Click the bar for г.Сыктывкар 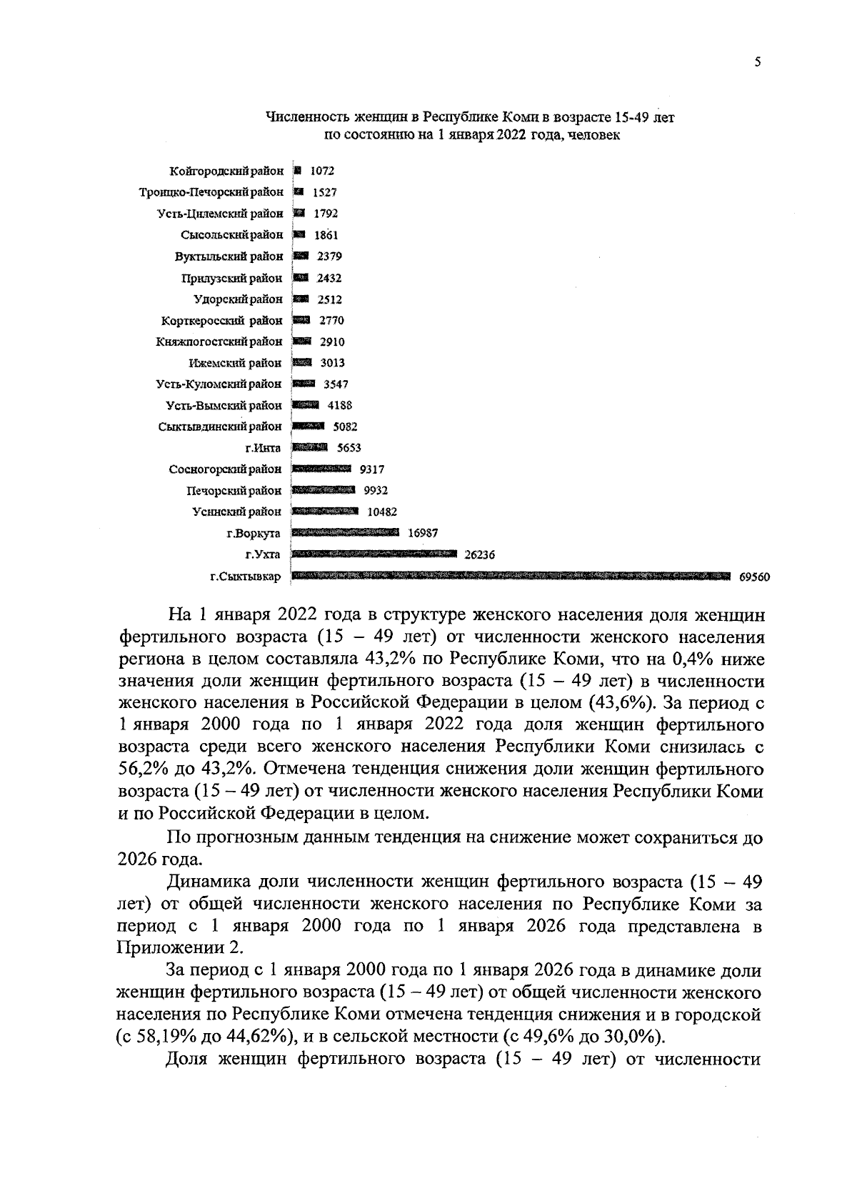click(511, 576)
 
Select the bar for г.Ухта click(374, 554)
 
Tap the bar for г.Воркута click(346, 532)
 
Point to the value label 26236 click(479, 554)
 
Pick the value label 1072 click(322, 171)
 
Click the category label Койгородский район click(226, 171)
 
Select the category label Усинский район click(237, 512)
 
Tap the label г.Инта click(263, 448)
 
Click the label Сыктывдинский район click(220, 427)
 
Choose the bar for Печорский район click(324, 490)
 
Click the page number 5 click(757, 63)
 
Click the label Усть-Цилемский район click(220, 214)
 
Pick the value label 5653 click(349, 448)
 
